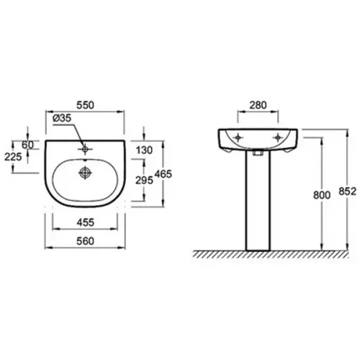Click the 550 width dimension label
[85, 105]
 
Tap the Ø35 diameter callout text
[62, 118]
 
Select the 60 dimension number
[27, 145]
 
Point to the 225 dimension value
[13, 157]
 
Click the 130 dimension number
[144, 150]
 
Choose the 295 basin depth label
[144, 180]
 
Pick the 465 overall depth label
[163, 174]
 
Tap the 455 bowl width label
[86, 222]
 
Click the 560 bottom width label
[85, 241]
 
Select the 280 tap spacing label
[258, 105]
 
